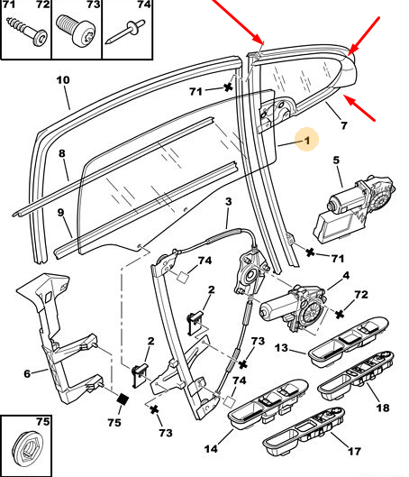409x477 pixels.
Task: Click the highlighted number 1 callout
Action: click(x=307, y=141)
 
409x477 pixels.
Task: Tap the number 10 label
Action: click(x=63, y=80)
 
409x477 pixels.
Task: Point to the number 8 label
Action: click(x=62, y=153)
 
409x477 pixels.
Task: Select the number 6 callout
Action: click(x=27, y=373)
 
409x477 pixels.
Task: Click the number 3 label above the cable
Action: click(x=229, y=201)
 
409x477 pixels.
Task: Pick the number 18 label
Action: click(x=383, y=408)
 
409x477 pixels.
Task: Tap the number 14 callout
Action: click(x=211, y=449)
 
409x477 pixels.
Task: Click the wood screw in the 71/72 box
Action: click(x=27, y=31)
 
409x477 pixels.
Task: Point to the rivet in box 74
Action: click(x=125, y=32)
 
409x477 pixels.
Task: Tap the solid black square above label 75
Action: click(x=123, y=399)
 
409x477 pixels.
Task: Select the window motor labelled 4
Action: click(x=294, y=307)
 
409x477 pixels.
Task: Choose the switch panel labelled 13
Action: click(x=349, y=342)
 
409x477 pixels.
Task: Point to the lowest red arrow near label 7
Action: click(x=359, y=108)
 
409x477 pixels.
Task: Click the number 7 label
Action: click(x=343, y=125)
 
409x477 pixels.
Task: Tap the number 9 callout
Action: click(x=60, y=212)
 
